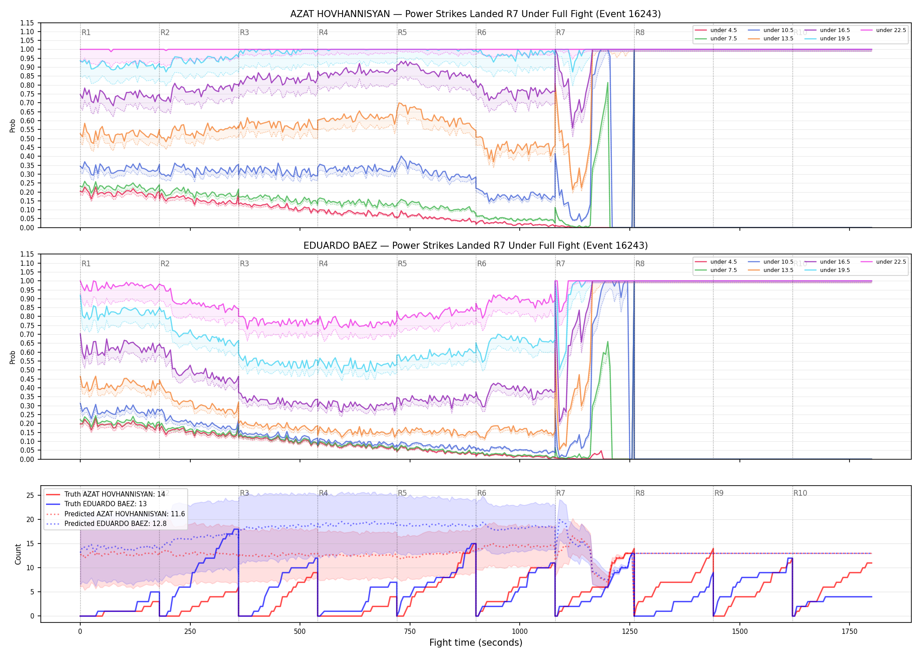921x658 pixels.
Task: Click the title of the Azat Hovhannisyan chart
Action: pos(475,14)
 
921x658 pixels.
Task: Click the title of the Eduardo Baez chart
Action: pos(475,246)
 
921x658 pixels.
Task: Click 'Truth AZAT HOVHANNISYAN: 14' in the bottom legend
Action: pos(115,494)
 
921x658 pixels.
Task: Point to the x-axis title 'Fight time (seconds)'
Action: pos(476,643)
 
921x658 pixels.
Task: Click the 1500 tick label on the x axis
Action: pos(740,631)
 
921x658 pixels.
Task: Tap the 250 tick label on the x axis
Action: pos(190,631)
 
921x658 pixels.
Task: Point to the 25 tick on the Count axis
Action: pos(30,496)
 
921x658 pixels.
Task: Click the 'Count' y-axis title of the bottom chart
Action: pos(18,554)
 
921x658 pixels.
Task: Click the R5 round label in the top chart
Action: pos(402,32)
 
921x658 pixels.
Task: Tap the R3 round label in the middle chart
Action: pos(244,264)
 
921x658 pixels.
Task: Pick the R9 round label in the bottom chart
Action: pos(719,493)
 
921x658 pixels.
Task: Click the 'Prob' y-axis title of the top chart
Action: pos(13,126)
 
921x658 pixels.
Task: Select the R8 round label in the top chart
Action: pos(640,32)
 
